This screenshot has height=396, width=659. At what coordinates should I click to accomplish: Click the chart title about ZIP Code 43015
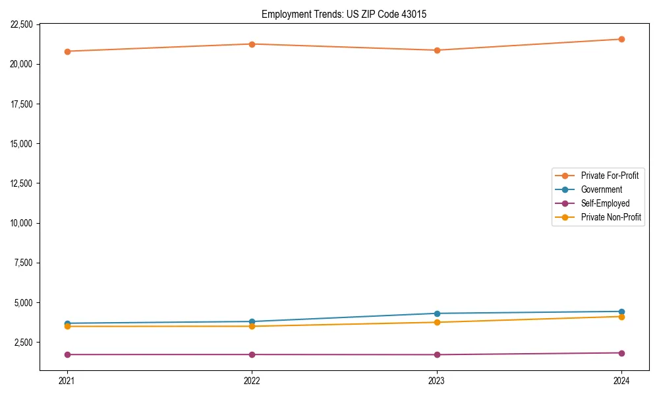pyautogui.click(x=344, y=14)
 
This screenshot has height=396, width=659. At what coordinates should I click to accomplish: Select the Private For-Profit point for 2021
pyautogui.click(x=67, y=51)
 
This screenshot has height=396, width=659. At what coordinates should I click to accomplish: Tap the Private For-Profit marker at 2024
pyautogui.click(x=621, y=39)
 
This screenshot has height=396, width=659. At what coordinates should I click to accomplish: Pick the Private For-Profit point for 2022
pyautogui.click(x=252, y=44)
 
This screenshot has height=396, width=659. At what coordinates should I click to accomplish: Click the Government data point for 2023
pyautogui.click(x=437, y=313)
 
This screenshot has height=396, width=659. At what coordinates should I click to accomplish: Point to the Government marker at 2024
pyautogui.click(x=621, y=312)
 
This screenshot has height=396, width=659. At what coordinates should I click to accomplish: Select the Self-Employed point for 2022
pyautogui.click(x=252, y=354)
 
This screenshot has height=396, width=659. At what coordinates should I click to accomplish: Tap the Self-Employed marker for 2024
pyautogui.click(x=621, y=353)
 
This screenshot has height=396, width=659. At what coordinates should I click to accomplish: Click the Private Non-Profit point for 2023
pyautogui.click(x=437, y=322)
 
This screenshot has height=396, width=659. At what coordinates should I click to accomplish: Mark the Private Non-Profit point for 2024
pyautogui.click(x=621, y=317)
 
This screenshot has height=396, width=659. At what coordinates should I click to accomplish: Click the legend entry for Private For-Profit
pyautogui.click(x=610, y=176)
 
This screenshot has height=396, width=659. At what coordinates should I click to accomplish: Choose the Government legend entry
pyautogui.click(x=601, y=189)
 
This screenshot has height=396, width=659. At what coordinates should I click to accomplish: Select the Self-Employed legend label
pyautogui.click(x=605, y=203)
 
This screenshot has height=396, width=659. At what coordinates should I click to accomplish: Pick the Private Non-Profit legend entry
pyautogui.click(x=611, y=217)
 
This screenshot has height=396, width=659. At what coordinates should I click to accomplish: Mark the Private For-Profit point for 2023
pyautogui.click(x=437, y=50)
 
